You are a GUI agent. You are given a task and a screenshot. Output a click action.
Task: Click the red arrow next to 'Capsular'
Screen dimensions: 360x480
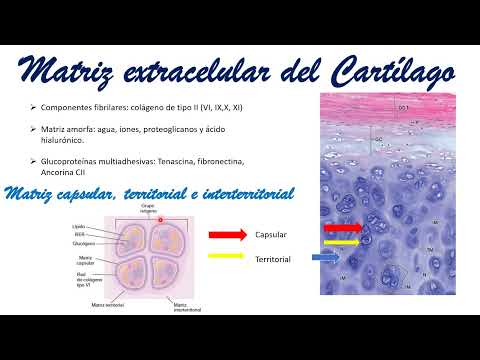(229, 235)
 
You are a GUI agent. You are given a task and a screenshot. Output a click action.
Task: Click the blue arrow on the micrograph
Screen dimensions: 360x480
(327, 257)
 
